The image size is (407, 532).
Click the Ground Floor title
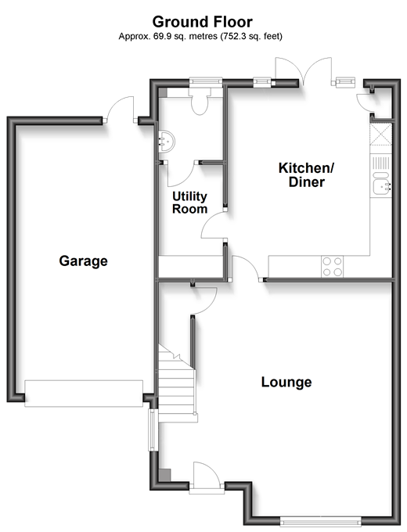click(202, 22)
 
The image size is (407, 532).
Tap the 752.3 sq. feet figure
click(251, 36)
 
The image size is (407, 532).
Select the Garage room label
click(83, 261)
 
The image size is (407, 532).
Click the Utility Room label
click(189, 203)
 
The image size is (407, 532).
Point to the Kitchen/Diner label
click(307, 174)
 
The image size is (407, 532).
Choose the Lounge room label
click(286, 382)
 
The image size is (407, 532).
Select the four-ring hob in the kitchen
click(332, 266)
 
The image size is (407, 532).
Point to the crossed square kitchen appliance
click(381, 135)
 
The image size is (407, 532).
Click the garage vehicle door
click(84, 394)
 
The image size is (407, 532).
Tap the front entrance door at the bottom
click(207, 477)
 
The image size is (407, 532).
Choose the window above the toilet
click(206, 82)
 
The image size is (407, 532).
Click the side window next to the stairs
click(152, 430)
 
